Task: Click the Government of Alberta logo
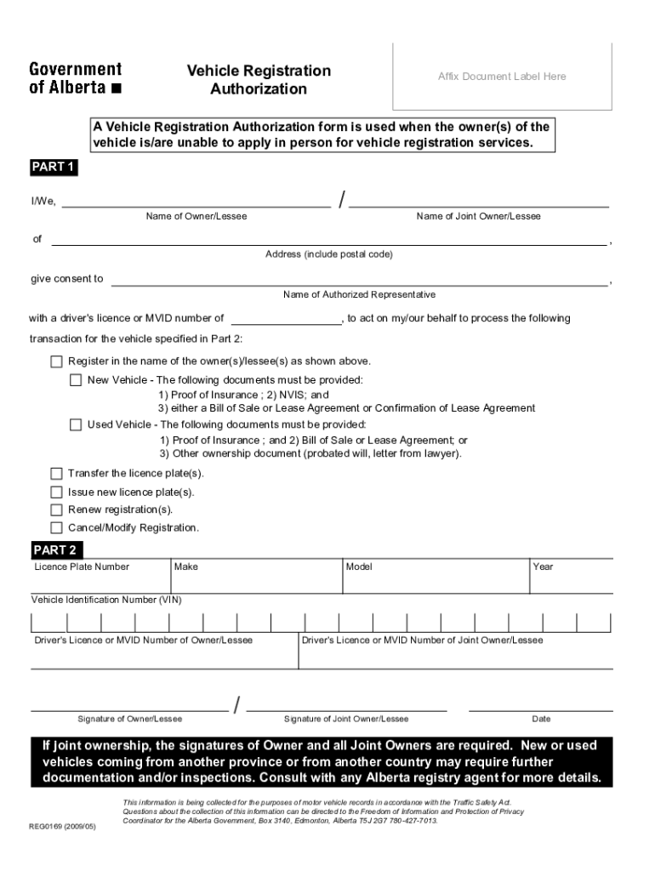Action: tap(76, 77)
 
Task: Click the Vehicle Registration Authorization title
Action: tap(259, 79)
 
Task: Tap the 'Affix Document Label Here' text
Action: tap(502, 77)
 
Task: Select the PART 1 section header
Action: tap(54, 167)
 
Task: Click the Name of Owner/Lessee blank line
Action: tap(196, 204)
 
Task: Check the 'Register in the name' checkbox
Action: tap(56, 361)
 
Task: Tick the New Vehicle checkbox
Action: tap(76, 379)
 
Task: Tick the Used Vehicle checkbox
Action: tap(76, 424)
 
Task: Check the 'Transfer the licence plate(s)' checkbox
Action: tap(56, 473)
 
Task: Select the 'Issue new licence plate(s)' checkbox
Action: tap(56, 492)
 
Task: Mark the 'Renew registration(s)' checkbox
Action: tap(56, 510)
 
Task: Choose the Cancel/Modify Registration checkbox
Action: tap(56, 527)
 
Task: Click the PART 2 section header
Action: tap(54, 549)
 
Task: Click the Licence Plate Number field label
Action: tap(82, 566)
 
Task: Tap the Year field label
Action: tap(543, 566)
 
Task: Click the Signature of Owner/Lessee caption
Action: tap(130, 719)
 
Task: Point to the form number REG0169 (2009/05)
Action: tap(62, 825)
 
